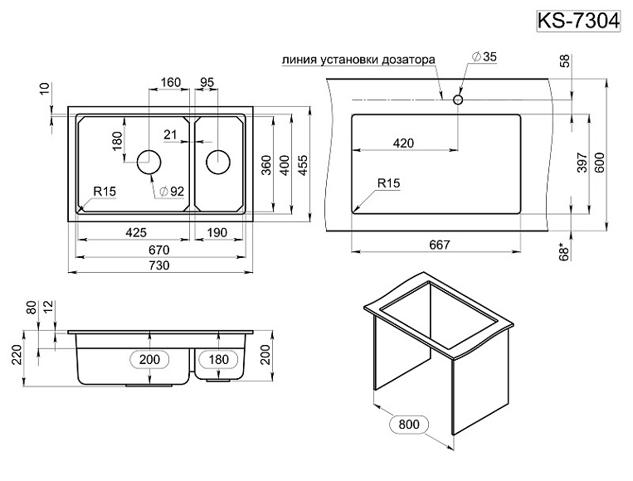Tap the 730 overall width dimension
[x=158, y=265]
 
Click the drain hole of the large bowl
[x=150, y=162]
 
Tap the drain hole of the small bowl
[x=217, y=162]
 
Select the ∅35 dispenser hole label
[x=484, y=56]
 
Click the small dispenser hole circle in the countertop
[x=457, y=100]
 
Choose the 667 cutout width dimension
[x=439, y=244]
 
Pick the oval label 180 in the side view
[x=218, y=359]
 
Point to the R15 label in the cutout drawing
[x=388, y=182]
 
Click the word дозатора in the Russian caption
[x=406, y=60]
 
